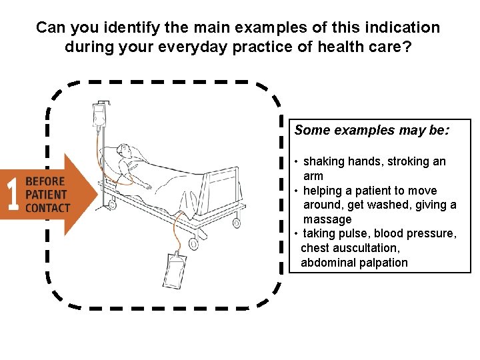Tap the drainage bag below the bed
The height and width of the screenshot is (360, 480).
[173, 269]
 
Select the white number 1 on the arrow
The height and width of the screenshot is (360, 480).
[11, 194]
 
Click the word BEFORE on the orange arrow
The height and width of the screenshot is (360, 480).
[45, 181]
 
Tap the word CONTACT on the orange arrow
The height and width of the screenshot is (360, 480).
[47, 208]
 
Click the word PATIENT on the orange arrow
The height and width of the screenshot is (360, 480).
[46, 195]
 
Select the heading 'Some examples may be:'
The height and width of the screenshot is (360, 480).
[372, 130]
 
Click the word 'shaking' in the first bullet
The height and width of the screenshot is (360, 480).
[324, 161]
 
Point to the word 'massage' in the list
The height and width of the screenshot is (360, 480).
[327, 219]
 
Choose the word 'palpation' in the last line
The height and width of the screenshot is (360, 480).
[382, 263]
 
